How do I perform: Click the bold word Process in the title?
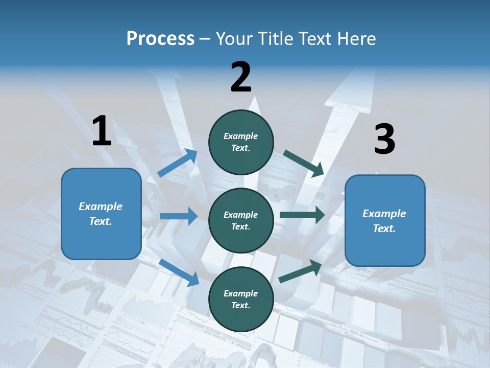tap(160, 39)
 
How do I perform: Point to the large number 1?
tap(102, 131)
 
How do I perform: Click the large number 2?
tap(241, 77)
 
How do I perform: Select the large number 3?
tap(384, 140)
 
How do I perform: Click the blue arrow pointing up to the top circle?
tap(178, 163)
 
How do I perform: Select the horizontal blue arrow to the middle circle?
tap(179, 216)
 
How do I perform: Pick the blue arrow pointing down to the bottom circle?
tap(179, 272)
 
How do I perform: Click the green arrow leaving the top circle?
tap(303, 164)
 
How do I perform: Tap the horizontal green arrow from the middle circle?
tap(302, 215)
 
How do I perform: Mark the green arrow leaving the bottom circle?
tap(301, 271)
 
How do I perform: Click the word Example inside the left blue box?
tap(101, 206)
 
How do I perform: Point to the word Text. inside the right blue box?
tap(384, 228)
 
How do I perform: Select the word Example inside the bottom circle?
tap(241, 293)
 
